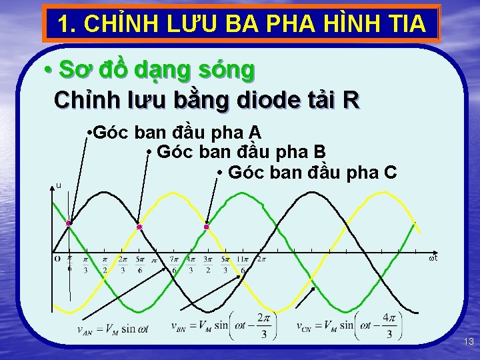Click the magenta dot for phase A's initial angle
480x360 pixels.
(x=69, y=223)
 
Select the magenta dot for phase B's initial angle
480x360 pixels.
(x=139, y=227)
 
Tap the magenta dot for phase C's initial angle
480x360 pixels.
(x=207, y=227)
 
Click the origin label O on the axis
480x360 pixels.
(x=57, y=259)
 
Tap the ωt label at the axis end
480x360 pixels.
(x=433, y=259)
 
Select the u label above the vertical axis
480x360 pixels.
(x=58, y=186)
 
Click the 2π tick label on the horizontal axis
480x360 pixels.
(x=261, y=259)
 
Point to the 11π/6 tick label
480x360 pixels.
(x=242, y=264)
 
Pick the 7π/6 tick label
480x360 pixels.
(x=173, y=264)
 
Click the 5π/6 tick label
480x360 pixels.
(x=140, y=264)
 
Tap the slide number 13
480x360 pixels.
(x=469, y=342)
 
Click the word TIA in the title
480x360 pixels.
(x=405, y=24)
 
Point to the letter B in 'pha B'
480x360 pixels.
(x=319, y=152)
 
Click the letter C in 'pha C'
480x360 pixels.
(x=390, y=173)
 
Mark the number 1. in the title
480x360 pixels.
(x=64, y=24)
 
